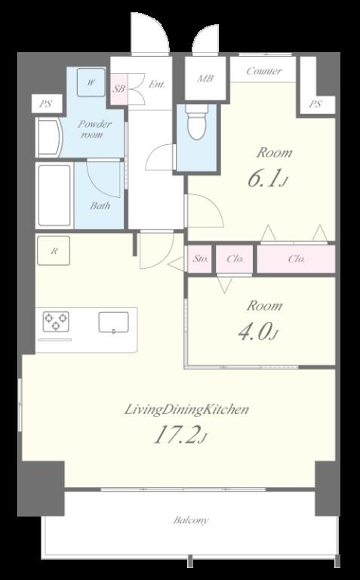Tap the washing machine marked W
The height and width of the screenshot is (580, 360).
91,82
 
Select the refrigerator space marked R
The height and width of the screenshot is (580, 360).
54,251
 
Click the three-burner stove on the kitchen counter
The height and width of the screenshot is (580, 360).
56,321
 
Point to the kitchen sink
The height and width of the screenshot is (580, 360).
113,322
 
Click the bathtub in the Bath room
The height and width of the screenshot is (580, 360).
54,196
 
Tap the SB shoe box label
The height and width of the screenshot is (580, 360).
119,89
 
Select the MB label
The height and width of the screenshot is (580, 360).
205,79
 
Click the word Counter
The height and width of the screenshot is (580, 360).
264,71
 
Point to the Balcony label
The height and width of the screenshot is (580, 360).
191,520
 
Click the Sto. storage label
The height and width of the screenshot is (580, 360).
200,259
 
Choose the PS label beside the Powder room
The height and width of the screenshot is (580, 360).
45,104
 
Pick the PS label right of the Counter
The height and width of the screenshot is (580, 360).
315,104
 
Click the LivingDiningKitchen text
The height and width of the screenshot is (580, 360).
186,409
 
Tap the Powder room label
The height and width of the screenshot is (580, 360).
94,128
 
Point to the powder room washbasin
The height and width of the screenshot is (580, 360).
49,137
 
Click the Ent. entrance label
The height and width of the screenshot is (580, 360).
156,85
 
